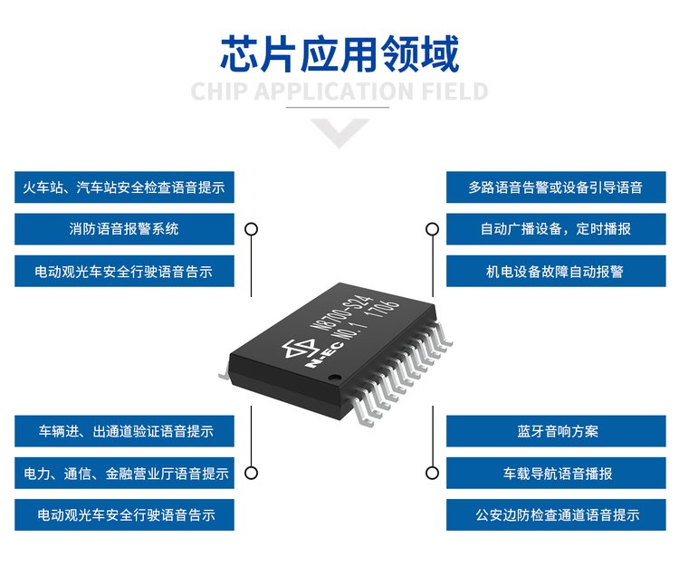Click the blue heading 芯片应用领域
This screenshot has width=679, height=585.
click(339, 53)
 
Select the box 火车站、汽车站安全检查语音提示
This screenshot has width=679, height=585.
click(124, 187)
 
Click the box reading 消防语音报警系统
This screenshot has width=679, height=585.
click(124, 229)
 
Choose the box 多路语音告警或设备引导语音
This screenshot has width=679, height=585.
click(556, 187)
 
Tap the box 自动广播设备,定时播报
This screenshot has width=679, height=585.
click(556, 229)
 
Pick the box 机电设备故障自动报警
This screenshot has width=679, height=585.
click(556, 271)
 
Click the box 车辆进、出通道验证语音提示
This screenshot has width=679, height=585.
click(124, 431)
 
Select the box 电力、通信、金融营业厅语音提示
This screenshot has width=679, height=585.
click(124, 473)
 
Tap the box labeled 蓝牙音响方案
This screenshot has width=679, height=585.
click(556, 431)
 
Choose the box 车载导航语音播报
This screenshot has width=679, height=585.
click(556, 473)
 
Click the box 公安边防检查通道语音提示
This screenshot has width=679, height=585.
click(556, 514)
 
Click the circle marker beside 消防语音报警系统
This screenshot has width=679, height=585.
click(252, 229)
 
